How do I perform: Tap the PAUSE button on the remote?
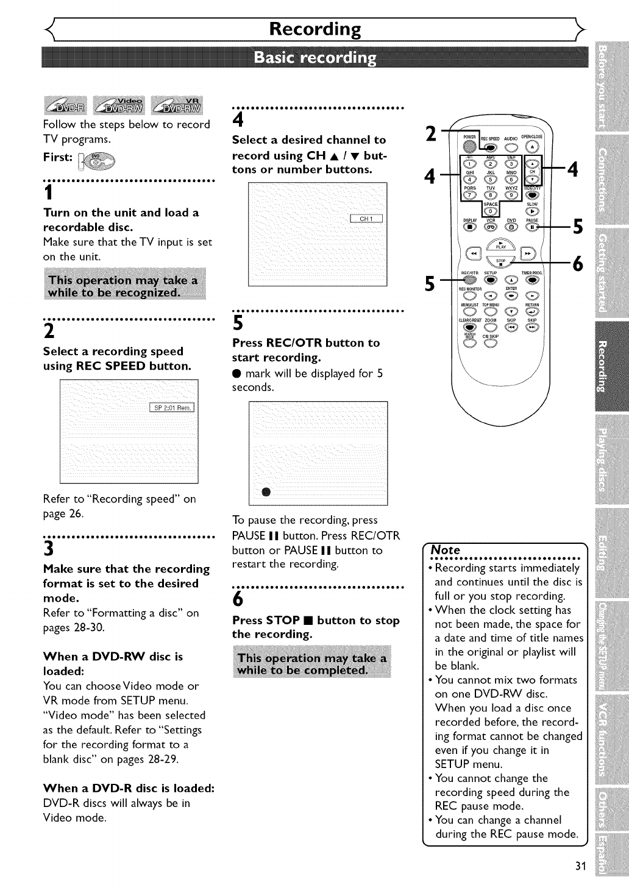point(533,228)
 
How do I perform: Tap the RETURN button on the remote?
point(533,312)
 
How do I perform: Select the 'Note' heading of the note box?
point(446,549)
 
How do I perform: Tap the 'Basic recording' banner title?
point(314,58)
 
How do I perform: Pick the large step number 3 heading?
point(48,550)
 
